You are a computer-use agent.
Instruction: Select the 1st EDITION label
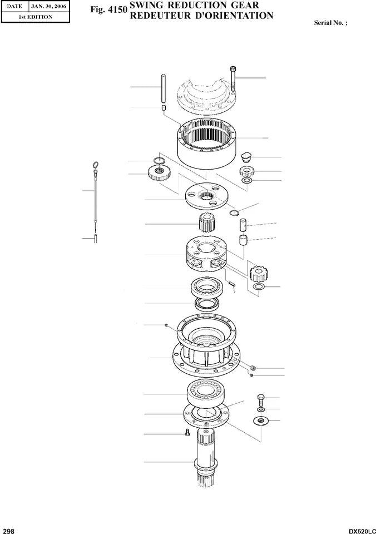coord(36,17)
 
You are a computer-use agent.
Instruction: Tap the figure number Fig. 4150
coord(108,10)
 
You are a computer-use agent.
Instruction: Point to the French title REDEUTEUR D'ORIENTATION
coord(201,16)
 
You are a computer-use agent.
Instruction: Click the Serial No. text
coord(334,24)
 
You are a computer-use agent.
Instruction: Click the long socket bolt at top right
coord(233,79)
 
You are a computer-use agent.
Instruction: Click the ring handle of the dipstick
coord(96,164)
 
